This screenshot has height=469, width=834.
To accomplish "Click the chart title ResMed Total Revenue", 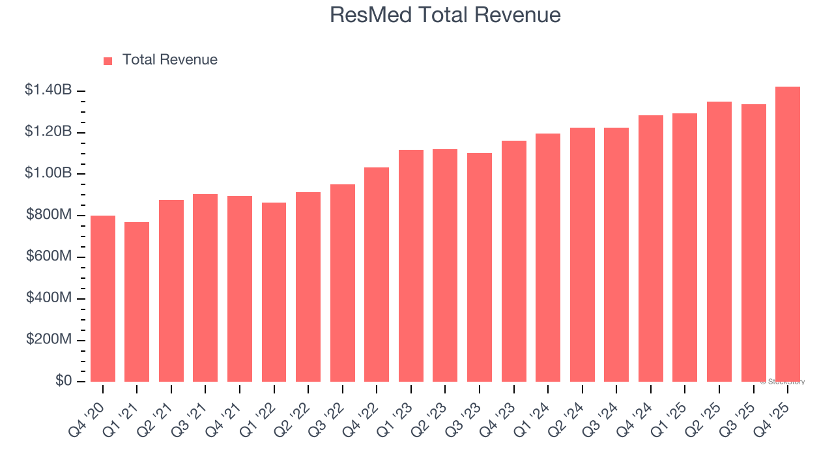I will point(445,14).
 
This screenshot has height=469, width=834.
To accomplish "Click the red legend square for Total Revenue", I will point(108,61).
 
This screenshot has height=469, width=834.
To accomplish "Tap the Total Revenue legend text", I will point(169,60).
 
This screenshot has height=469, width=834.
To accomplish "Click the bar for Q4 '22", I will point(377,274).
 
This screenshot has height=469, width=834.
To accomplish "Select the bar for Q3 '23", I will point(480,267).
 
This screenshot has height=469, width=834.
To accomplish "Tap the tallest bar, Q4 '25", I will point(788,234).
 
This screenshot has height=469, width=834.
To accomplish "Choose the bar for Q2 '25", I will point(719,242).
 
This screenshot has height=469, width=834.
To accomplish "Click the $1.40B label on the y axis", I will point(48,91).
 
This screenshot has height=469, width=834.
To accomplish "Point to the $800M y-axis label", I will point(49,215).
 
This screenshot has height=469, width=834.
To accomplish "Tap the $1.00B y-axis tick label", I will point(48,173).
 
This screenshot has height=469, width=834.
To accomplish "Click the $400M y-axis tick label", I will point(49,298).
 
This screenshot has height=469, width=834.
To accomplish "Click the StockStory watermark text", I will point(783,382).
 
